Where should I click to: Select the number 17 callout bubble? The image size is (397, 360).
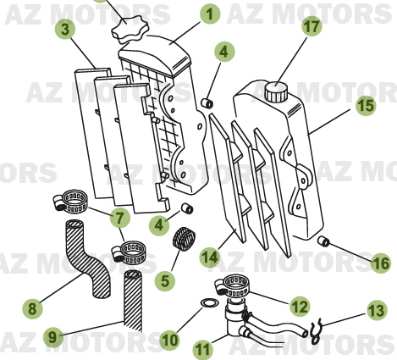pyautogui.click(x=312, y=26)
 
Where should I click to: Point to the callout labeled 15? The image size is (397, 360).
pyautogui.click(x=365, y=107)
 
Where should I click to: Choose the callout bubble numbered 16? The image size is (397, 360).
pyautogui.click(x=380, y=264)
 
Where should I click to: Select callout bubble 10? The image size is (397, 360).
pyautogui.click(x=169, y=340)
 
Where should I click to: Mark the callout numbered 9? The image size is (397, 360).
pyautogui.click(x=52, y=336)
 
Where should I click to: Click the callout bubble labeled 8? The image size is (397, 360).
pyautogui.click(x=31, y=308)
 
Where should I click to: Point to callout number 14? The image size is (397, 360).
pyautogui.click(x=208, y=256)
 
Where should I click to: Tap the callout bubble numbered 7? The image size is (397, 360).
pyautogui.click(x=119, y=216)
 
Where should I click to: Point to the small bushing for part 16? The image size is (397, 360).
pyautogui.click(x=323, y=243)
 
